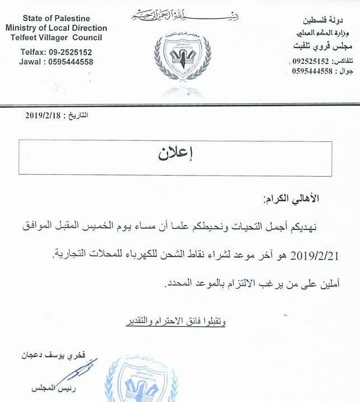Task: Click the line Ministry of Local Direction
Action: tap(56, 28)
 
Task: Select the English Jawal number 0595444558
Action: tap(70, 62)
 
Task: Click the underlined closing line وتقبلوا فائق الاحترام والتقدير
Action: tap(176, 322)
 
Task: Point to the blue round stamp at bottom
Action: tap(141, 381)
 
